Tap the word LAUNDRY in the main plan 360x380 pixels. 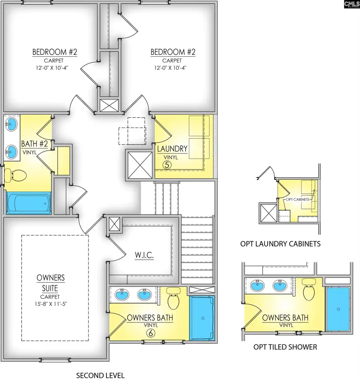pos(172,149)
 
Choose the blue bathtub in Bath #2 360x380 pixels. pos(28,203)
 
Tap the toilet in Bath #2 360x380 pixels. pos(17,175)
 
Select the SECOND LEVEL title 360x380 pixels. pos(100,375)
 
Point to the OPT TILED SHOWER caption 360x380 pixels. pos(285,347)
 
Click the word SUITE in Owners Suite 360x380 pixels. pos(50,288)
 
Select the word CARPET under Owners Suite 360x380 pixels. pos(50,297)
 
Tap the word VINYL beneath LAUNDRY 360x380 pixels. pos(172,157)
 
